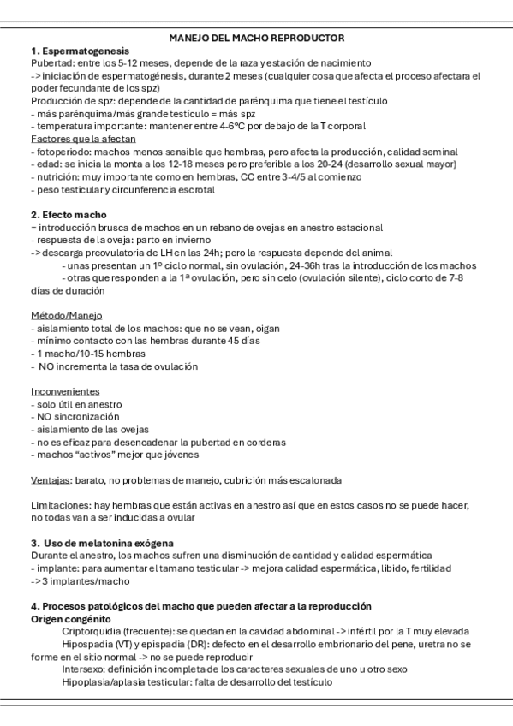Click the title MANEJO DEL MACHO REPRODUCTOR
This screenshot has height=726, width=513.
click(256, 39)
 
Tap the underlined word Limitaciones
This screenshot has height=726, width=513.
click(58, 505)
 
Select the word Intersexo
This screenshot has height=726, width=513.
click(84, 669)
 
